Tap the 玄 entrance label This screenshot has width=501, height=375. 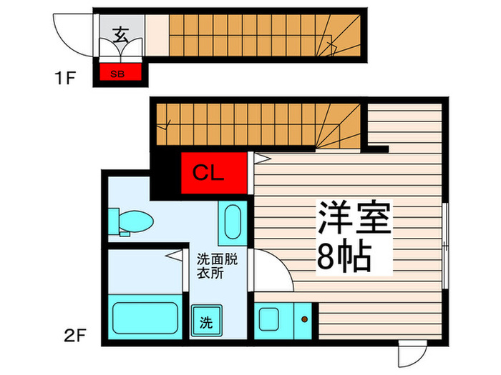point(122,34)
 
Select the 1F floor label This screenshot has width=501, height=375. point(65,78)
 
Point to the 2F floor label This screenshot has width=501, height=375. point(75,335)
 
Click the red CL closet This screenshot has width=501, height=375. point(214,173)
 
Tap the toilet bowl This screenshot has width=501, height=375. point(136,221)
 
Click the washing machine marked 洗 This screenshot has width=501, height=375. point(206,321)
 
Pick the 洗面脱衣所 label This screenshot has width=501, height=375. point(218,266)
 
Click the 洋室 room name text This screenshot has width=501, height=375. point(354,218)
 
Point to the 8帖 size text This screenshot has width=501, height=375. point(344,256)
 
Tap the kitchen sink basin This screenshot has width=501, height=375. point(268,319)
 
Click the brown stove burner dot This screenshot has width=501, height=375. point(304,319)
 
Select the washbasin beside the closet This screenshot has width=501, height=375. point(233,222)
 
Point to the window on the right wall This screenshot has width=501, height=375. point(445,246)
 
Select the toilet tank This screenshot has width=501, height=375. point(114,221)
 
